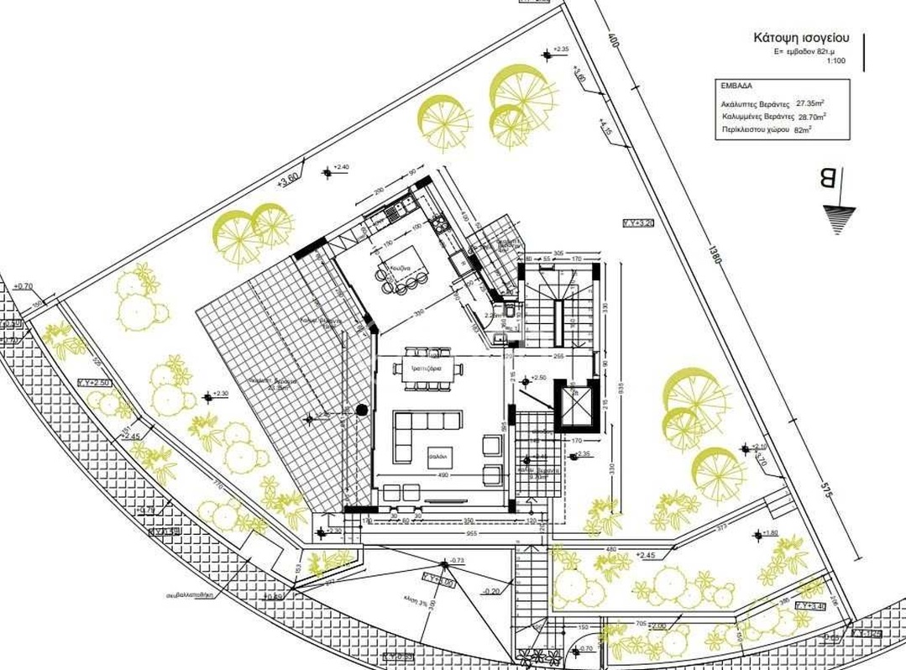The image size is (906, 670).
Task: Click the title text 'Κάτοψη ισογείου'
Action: click(x=802, y=38)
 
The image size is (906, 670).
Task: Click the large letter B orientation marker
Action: click(x=827, y=179)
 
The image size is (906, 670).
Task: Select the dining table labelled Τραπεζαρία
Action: click(x=427, y=369)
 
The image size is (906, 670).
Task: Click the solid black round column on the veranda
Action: click(x=361, y=410)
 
